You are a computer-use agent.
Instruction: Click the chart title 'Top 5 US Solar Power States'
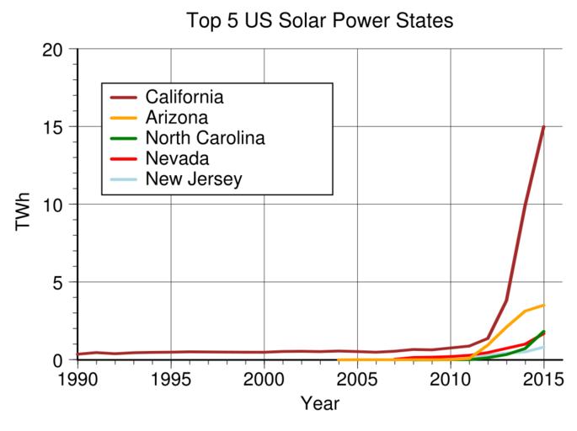pos(320,21)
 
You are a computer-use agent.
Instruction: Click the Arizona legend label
pos(176,117)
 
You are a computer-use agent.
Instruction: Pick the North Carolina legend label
pos(206,137)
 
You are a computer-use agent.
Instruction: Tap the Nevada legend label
pos(177,158)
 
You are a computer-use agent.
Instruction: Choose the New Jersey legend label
pos(194,178)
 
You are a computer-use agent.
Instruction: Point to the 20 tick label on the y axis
pos(53,50)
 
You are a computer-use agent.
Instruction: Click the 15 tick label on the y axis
pos(53,127)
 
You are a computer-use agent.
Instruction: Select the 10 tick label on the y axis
pos(53,205)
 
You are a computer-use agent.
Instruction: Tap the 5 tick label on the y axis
pos(59,282)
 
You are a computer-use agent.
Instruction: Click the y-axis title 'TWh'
pos(23,205)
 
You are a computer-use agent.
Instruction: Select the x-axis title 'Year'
pos(319,404)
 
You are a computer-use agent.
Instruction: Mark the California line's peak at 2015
pos(544,127)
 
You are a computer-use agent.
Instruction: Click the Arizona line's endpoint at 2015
pos(544,305)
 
